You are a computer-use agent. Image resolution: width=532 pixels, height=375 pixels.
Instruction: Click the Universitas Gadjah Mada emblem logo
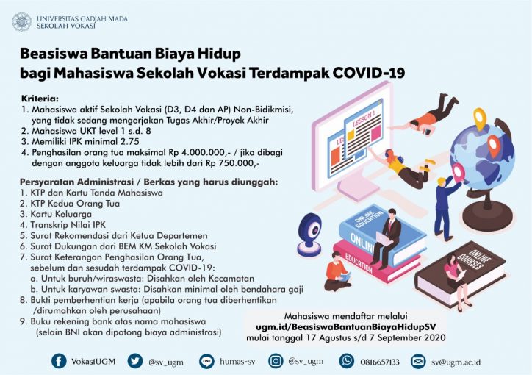(x=22, y=22)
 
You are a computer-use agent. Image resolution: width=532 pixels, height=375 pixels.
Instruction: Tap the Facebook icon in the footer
(x=59, y=361)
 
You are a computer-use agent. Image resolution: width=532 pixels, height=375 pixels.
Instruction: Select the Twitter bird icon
(x=135, y=361)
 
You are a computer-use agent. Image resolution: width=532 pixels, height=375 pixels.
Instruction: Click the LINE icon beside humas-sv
(x=206, y=362)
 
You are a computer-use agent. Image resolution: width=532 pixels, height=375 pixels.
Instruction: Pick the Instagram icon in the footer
(x=276, y=361)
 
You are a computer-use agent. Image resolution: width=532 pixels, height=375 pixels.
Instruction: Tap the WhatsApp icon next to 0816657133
(x=347, y=361)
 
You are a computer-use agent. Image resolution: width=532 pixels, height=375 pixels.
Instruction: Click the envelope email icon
(x=418, y=362)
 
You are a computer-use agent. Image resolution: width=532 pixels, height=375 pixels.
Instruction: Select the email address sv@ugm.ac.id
(x=456, y=362)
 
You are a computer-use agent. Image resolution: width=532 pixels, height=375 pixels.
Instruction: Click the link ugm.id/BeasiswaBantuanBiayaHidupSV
(x=346, y=326)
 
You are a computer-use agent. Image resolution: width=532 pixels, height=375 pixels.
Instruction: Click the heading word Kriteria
(x=40, y=99)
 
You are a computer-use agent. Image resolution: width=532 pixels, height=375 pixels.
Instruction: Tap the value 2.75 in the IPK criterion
(x=128, y=141)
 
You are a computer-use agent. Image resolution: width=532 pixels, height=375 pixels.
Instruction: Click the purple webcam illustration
(x=309, y=234)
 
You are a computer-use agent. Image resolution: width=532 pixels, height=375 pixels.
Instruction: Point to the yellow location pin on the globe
(x=480, y=118)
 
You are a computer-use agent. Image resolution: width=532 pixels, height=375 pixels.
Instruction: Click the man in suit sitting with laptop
(x=387, y=238)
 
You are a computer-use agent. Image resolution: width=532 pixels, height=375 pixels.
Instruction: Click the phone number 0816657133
(x=380, y=362)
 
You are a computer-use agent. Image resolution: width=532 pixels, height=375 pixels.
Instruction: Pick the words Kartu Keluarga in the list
(x=61, y=214)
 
